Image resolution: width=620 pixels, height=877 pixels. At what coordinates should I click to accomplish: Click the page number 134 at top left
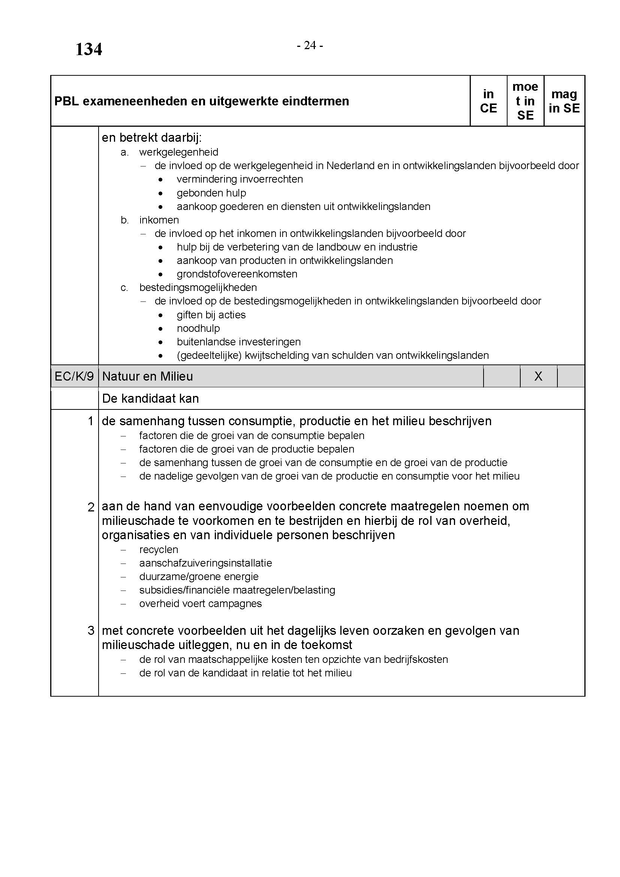coord(88,49)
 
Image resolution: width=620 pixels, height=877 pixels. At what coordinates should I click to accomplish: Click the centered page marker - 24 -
coord(310,45)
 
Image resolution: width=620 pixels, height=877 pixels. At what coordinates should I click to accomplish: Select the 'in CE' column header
coord(488,101)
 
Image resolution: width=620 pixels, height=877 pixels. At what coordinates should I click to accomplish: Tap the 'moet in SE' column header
coord(525,101)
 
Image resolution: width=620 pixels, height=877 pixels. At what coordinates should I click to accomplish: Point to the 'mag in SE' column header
coord(564,101)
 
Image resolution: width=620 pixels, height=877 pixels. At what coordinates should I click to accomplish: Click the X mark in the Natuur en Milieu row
coord(538,376)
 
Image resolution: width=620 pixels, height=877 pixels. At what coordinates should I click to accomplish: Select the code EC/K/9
coord(74,376)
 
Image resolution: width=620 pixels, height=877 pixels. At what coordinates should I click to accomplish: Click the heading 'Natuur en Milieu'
coord(147,376)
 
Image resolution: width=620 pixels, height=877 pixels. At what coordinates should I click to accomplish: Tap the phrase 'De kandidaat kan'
coord(150,399)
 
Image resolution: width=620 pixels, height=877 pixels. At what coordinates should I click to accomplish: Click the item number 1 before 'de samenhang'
coord(90,421)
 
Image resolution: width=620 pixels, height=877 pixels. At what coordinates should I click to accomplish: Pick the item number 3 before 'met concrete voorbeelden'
coord(90,630)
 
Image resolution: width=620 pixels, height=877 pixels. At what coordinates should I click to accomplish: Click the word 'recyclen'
coord(159,549)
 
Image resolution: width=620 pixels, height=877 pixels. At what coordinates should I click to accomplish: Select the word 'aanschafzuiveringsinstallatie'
coord(205,563)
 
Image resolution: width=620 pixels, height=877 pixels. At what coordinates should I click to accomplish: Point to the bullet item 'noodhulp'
coord(198,328)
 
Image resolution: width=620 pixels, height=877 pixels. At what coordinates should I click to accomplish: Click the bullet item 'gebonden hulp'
coord(211,193)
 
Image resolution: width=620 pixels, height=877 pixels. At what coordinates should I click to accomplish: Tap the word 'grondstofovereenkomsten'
coord(237,274)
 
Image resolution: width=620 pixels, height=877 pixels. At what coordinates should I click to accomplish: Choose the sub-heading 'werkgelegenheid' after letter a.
coord(179,152)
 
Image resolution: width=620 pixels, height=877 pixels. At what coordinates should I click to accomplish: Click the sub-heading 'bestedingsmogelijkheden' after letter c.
coord(198,287)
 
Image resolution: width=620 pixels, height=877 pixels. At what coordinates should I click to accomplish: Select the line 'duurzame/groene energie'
coord(199,576)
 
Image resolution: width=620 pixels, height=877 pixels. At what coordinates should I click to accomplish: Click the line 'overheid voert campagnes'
coord(201,604)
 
